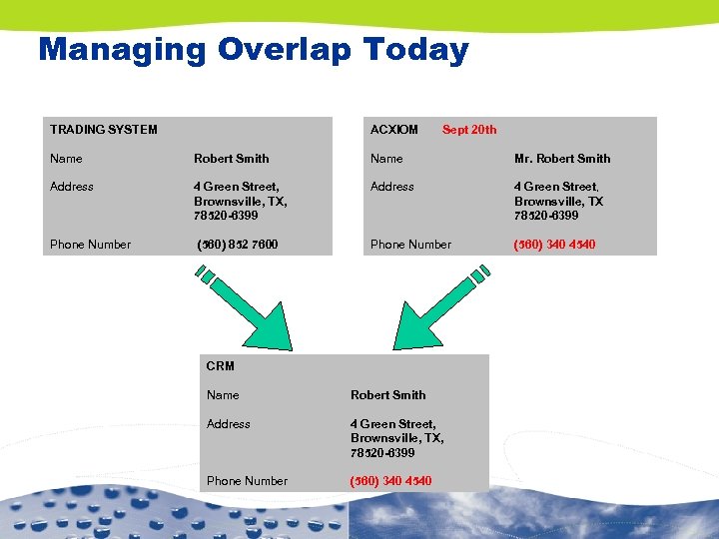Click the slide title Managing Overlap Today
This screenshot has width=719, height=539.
pos(253,49)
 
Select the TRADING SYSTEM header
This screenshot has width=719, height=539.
pos(104,129)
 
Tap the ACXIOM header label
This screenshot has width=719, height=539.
pos(394,129)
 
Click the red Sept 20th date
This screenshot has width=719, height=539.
pos(469,129)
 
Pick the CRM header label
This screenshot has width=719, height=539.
pos(220,365)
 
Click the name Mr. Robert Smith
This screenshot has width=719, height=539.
pos(562,158)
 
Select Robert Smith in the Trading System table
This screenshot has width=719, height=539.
pos(232,158)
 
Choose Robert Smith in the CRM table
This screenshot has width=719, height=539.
pos(387,394)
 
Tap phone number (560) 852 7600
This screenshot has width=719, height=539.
pos(238,244)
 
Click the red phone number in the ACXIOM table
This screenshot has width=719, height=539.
pos(554,244)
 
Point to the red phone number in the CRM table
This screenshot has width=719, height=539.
pos(390,480)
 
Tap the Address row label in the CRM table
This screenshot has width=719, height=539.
pos(229,423)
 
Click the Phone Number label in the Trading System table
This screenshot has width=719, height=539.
pos(91,244)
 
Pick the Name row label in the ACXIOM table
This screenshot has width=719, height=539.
pos(386,158)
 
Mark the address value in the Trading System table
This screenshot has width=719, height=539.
pos(241,201)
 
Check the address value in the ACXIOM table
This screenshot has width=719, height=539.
pos(558,201)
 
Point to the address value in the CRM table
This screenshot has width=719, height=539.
pos(396,437)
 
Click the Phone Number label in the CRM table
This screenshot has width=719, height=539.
pos(247,480)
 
